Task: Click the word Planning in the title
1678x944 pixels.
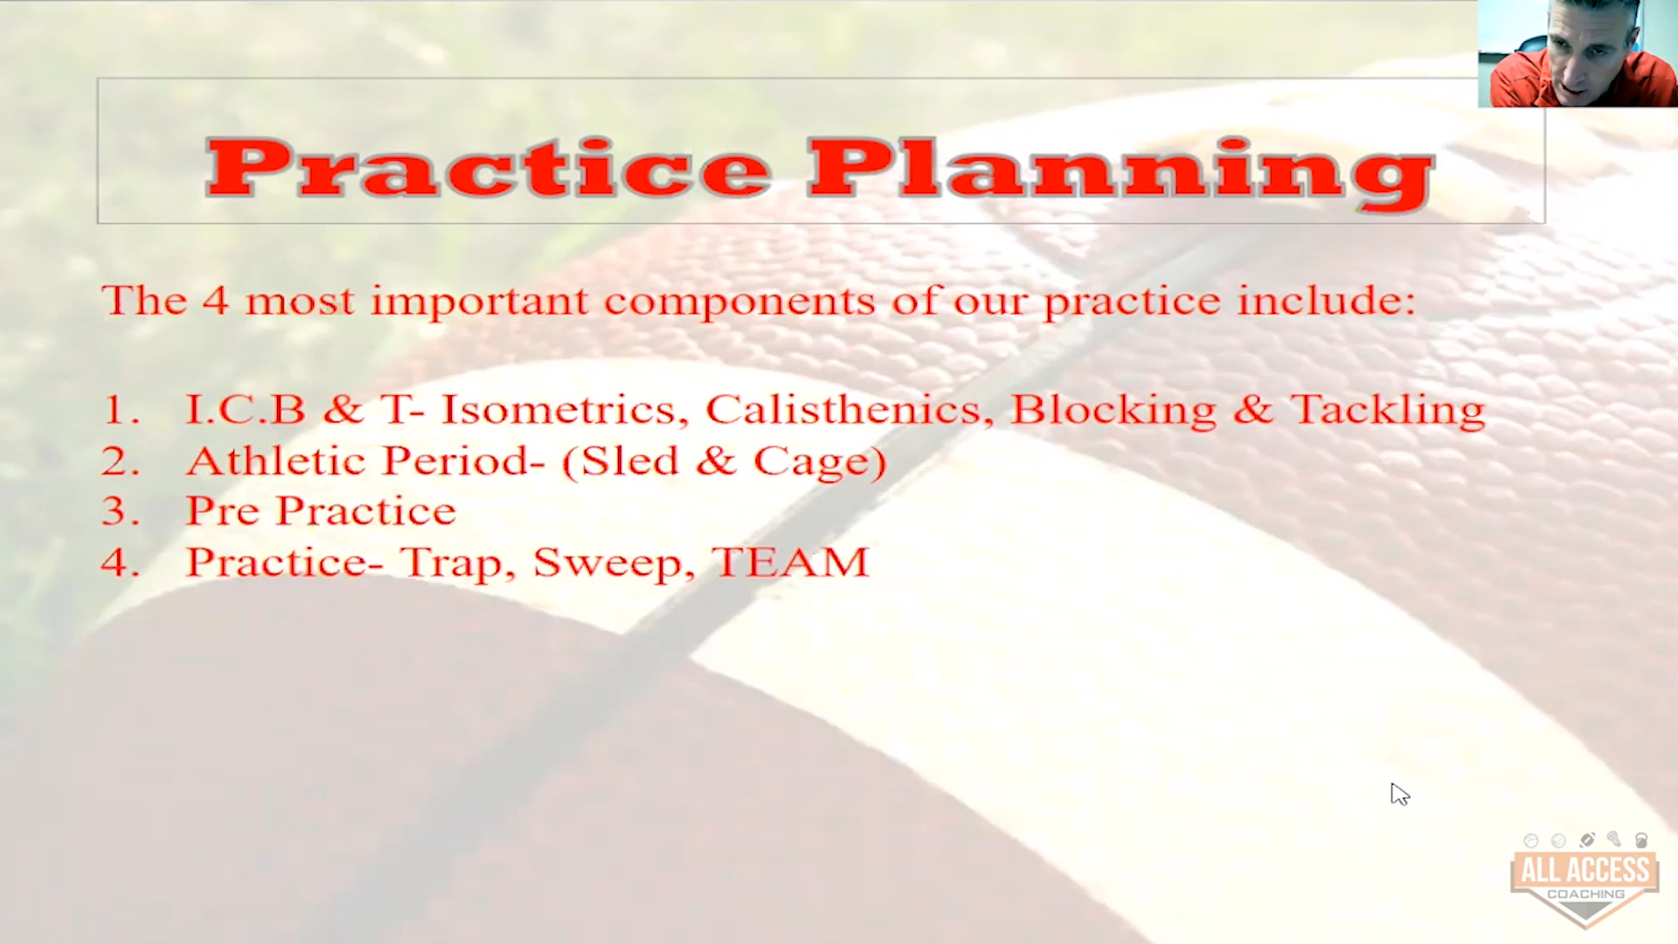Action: coord(1121,174)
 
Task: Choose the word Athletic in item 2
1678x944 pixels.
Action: coord(276,461)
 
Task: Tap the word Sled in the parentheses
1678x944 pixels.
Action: coord(629,461)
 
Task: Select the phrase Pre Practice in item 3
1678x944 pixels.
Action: coord(321,510)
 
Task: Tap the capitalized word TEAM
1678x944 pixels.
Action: coord(791,562)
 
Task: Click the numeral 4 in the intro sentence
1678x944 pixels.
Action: coord(216,301)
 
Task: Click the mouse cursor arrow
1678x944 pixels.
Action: coord(1400,794)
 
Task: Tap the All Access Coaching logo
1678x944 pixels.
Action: coord(1584,879)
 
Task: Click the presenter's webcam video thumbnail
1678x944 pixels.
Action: coord(1577,53)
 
